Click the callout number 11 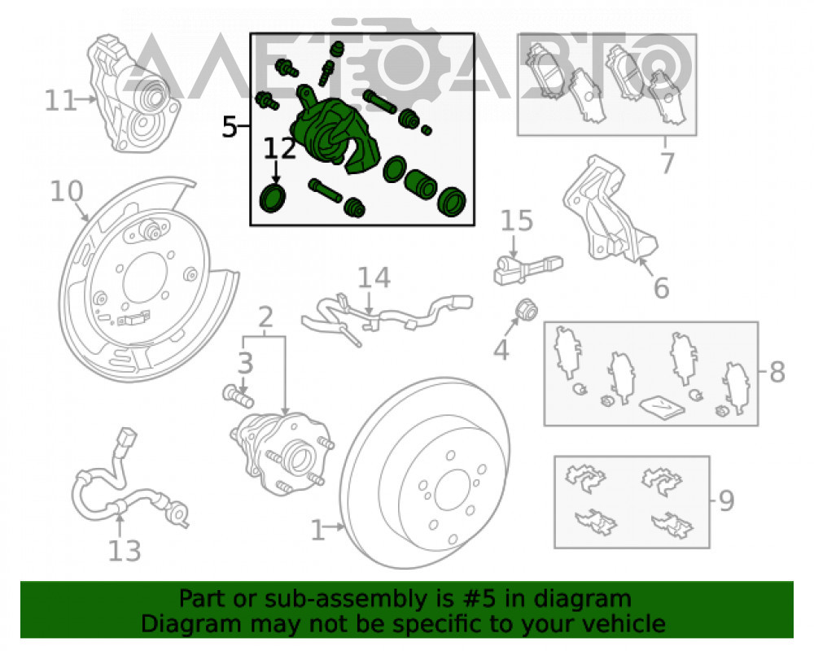pyautogui.click(x=61, y=101)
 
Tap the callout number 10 pyautogui.click(x=67, y=191)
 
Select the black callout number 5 pyautogui.click(x=229, y=127)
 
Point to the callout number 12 pyautogui.click(x=280, y=148)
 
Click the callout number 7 pyautogui.click(x=667, y=163)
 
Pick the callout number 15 pyautogui.click(x=517, y=221)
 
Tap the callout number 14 pyautogui.click(x=374, y=277)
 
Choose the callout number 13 pyautogui.click(x=124, y=551)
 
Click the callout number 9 pyautogui.click(x=726, y=501)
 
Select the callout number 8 pyautogui.click(x=777, y=372)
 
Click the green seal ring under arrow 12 pyautogui.click(x=273, y=198)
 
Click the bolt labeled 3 pyautogui.click(x=239, y=396)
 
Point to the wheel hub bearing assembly pyautogui.click(x=282, y=452)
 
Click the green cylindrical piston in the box pyautogui.click(x=421, y=184)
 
